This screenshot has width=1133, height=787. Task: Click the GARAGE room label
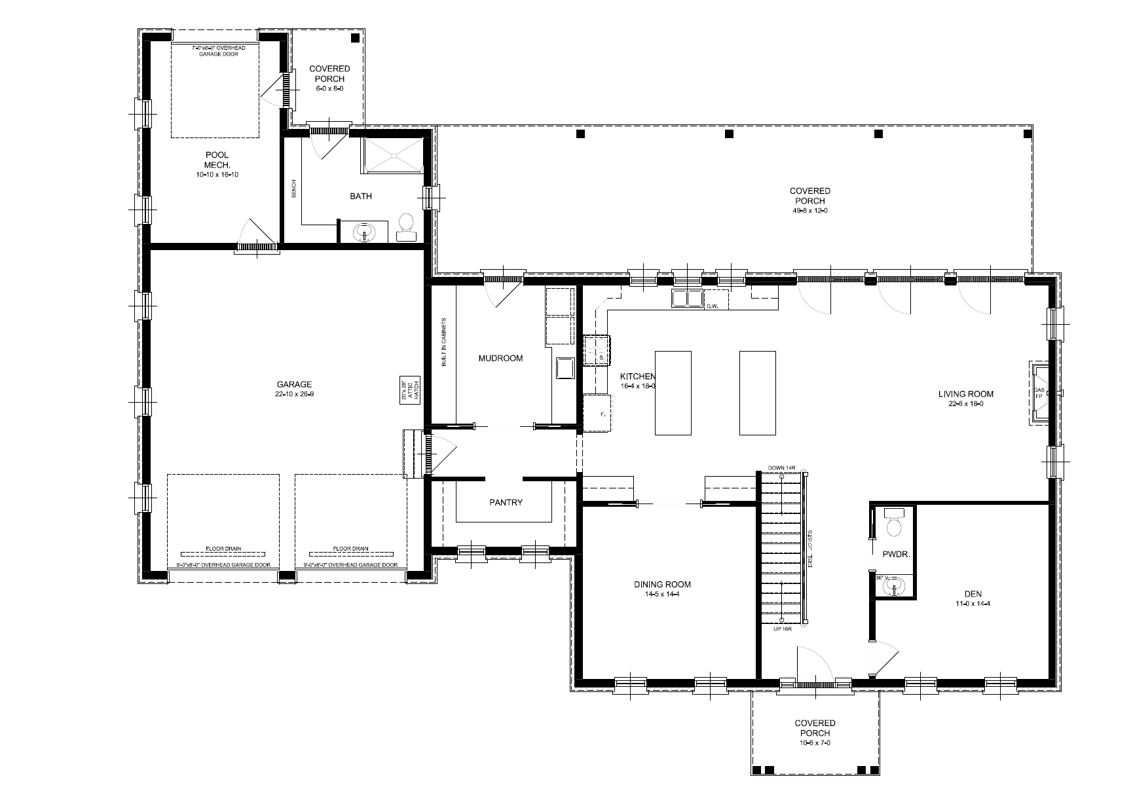click(x=293, y=385)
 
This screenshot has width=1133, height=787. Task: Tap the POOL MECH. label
click(x=217, y=160)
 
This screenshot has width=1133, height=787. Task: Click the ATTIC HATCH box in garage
click(x=409, y=392)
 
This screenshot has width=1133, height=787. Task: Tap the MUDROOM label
click(x=500, y=358)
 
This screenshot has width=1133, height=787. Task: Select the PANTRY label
click(x=506, y=502)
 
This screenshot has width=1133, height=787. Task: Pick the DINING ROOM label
click(x=662, y=585)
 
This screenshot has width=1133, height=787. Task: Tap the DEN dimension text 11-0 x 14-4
click(x=972, y=604)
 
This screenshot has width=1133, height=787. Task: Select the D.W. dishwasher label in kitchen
click(x=713, y=306)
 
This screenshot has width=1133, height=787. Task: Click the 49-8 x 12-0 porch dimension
click(x=809, y=211)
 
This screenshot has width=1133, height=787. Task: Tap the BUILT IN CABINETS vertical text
click(x=443, y=342)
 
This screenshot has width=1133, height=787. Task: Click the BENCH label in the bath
click(x=294, y=189)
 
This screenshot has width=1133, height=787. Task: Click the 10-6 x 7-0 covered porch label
click(x=815, y=742)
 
